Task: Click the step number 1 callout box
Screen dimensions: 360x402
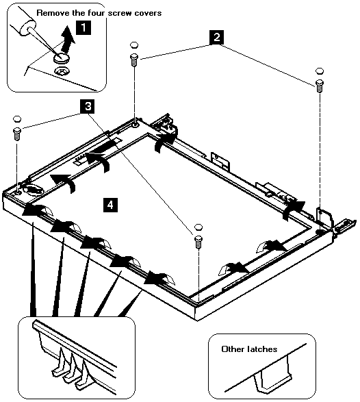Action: pos(83,27)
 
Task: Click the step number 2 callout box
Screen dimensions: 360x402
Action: pos(216,37)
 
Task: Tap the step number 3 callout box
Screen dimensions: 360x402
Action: pos(88,106)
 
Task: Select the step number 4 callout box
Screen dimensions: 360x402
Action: pos(110,205)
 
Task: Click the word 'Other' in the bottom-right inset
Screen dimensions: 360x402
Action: pos(233,349)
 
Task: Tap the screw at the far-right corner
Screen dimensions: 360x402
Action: pos(319,86)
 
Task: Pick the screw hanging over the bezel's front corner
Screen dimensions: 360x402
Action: pos(198,242)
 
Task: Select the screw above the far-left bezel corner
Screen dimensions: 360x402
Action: pos(17,134)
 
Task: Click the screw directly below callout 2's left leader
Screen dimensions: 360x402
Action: pos(134,60)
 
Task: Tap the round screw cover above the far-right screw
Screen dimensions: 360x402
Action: pos(320,71)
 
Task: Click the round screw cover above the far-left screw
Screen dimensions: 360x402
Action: pos(17,118)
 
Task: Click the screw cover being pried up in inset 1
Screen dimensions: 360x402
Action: pos(62,58)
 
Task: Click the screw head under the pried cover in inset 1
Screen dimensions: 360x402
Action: pos(61,71)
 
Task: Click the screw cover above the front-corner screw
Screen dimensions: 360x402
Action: pos(198,227)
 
